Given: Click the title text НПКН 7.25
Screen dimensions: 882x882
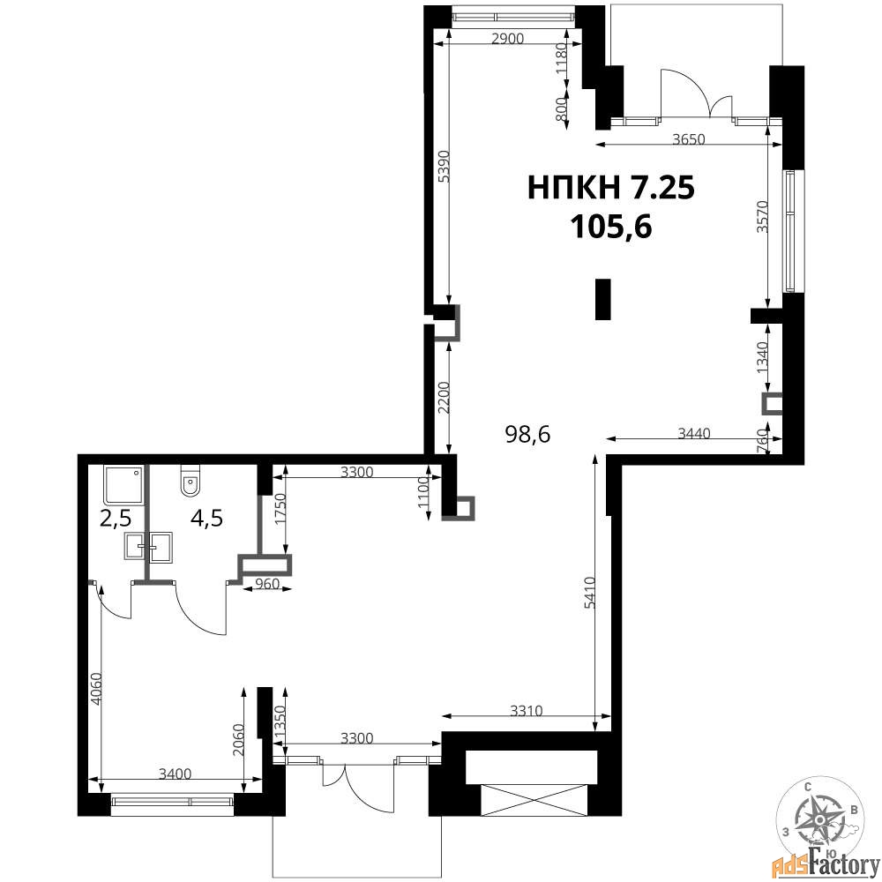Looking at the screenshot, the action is (x=611, y=187).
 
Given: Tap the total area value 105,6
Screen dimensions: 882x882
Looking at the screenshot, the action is (x=611, y=228).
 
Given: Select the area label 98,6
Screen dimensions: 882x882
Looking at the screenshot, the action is (x=527, y=434).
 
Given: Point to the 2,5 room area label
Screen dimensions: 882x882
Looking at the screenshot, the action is (x=116, y=519).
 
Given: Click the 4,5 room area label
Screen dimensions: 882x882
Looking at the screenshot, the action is (x=207, y=518).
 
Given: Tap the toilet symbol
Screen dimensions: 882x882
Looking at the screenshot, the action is (x=191, y=481).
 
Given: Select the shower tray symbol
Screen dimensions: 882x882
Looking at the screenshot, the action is (x=123, y=484).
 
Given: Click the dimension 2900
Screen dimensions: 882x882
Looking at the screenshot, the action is (x=507, y=39).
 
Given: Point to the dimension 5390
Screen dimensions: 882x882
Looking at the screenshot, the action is (x=444, y=166).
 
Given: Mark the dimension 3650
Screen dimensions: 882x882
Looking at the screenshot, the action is (x=689, y=138).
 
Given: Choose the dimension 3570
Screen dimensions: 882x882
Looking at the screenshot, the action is (x=762, y=217).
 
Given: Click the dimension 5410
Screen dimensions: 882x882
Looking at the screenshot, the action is (x=589, y=593).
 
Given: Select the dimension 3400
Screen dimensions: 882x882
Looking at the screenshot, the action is (x=175, y=774).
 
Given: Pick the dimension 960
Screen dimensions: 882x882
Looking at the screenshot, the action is (x=267, y=584).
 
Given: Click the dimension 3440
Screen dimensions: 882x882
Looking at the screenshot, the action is (x=694, y=433).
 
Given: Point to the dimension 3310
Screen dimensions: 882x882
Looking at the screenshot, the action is (x=527, y=711).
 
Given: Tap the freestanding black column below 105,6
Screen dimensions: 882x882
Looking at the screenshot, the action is (x=603, y=299).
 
